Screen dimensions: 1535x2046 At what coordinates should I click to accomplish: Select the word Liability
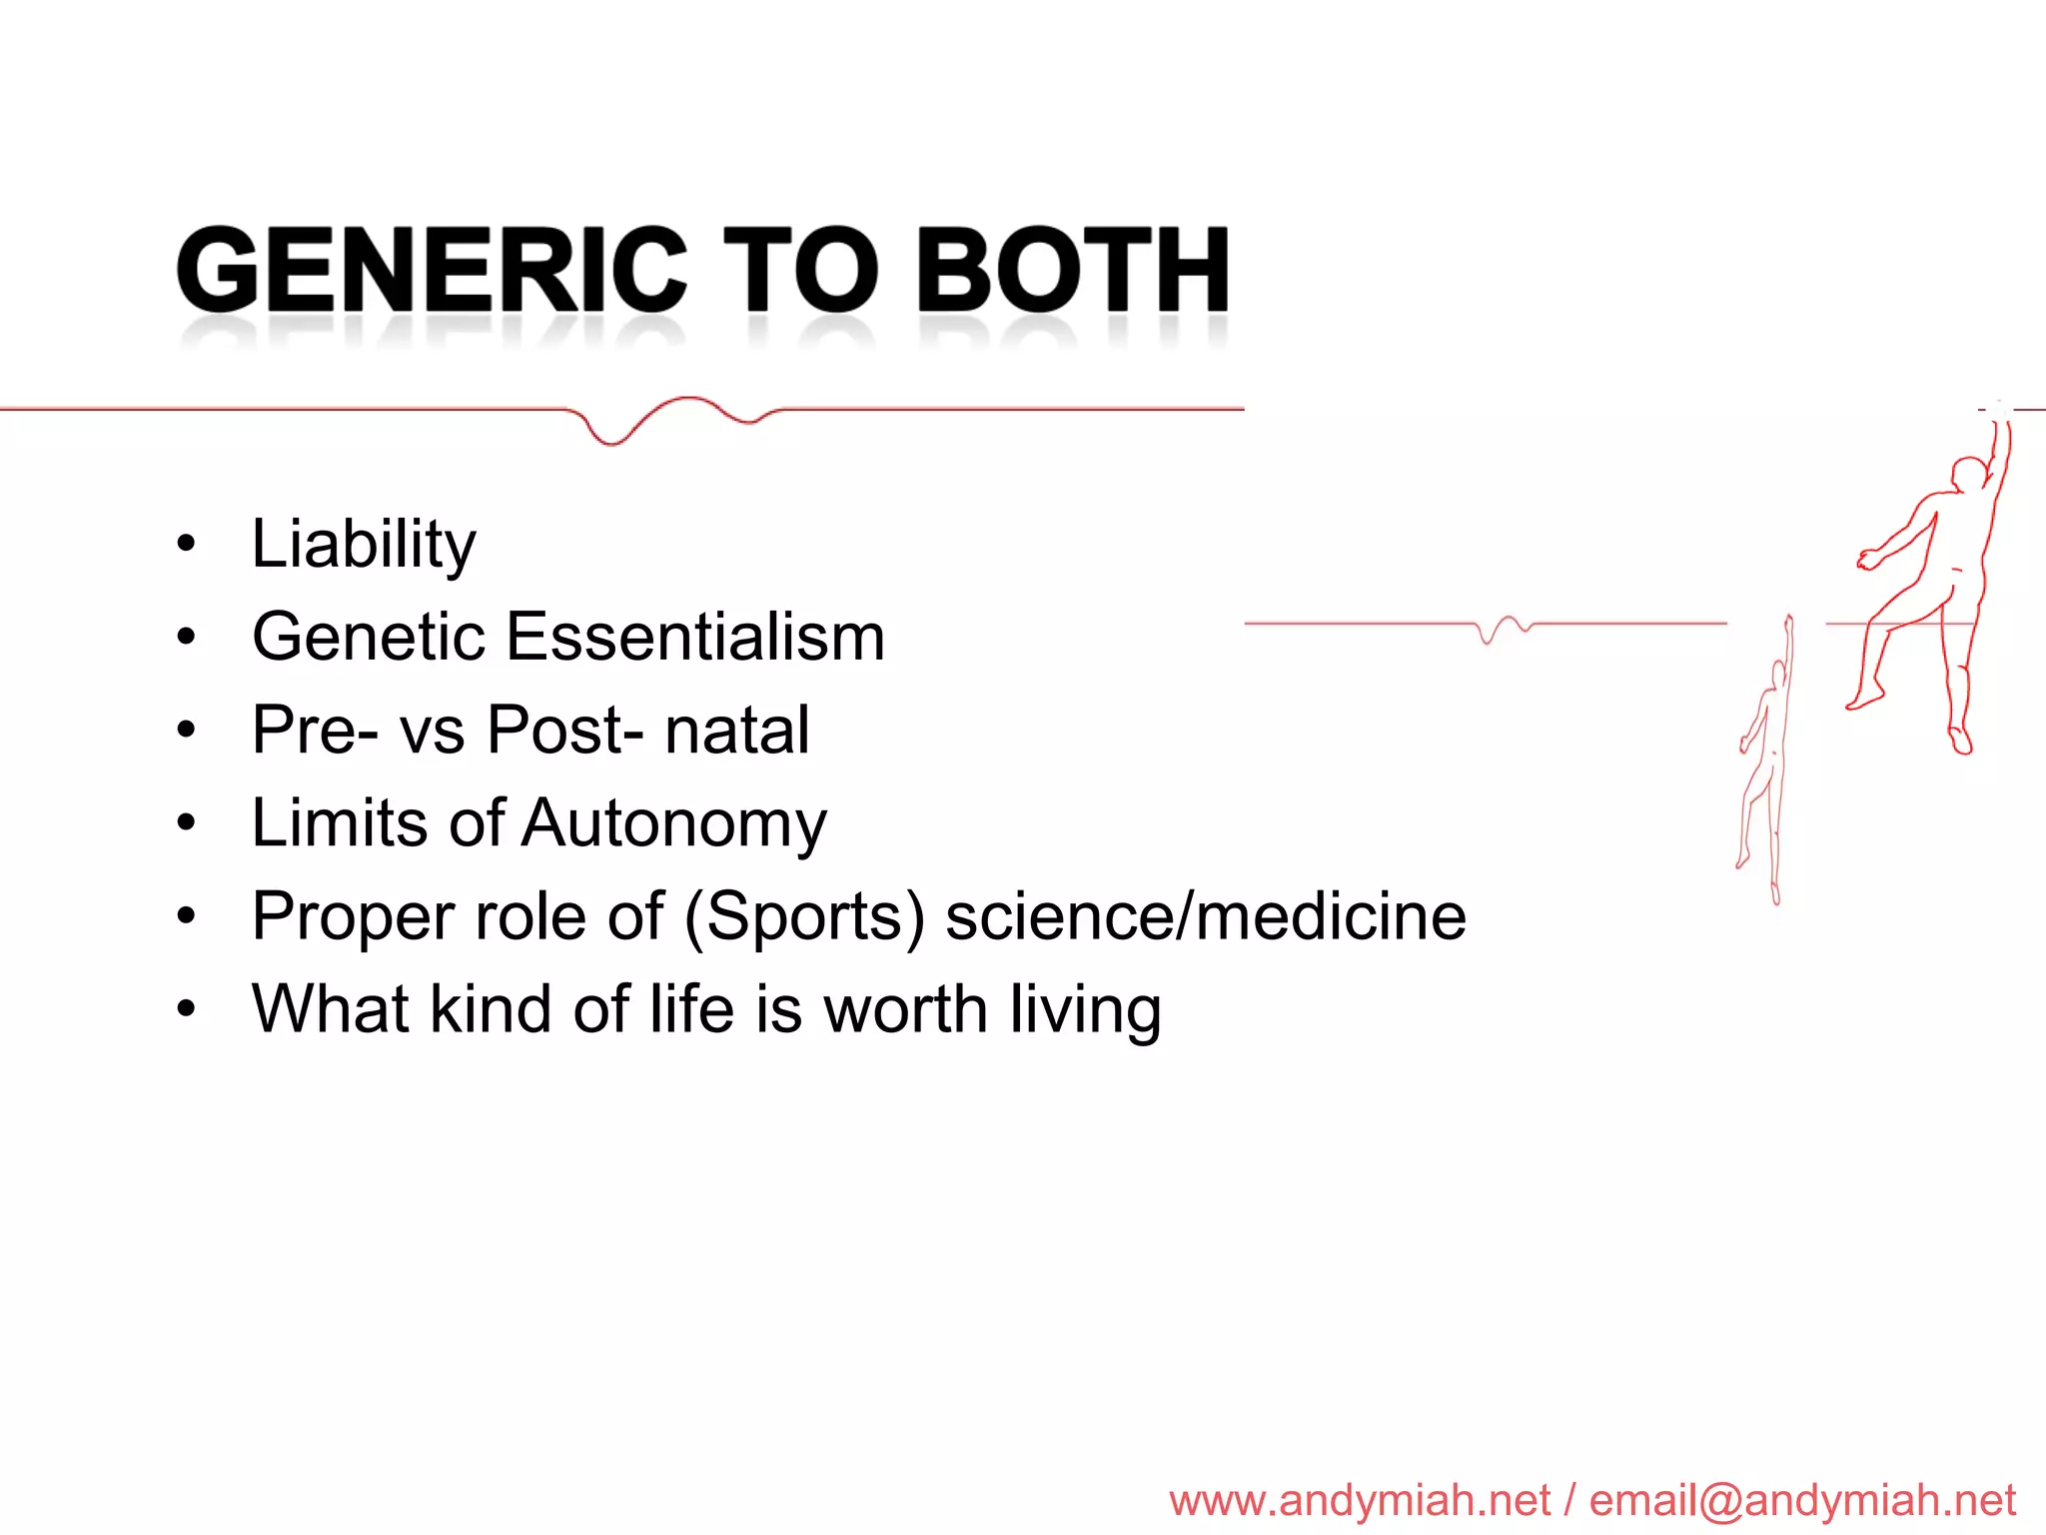(364, 545)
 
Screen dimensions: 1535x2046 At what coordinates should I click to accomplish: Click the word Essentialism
(695, 637)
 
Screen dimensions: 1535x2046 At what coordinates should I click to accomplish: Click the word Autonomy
(674, 824)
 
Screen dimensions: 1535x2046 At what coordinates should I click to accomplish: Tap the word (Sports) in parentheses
(804, 916)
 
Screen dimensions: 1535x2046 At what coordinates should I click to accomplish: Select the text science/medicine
(1206, 916)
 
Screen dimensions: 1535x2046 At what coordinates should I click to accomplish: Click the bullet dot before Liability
(186, 546)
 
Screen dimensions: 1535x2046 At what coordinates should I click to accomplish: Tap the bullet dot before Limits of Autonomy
(186, 823)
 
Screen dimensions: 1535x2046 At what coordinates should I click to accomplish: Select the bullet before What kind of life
(186, 1009)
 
